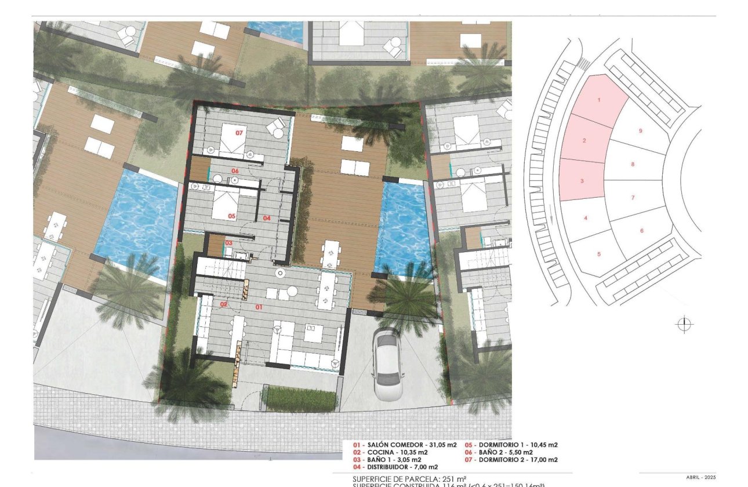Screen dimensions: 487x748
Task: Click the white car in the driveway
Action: tap(388, 364)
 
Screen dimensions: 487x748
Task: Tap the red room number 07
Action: tap(238, 133)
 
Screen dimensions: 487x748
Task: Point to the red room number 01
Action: tap(259, 307)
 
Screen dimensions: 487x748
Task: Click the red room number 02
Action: tap(224, 304)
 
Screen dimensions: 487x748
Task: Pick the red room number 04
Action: tap(267, 218)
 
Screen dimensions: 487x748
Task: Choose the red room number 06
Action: tap(235, 171)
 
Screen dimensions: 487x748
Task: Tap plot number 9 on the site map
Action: tap(640, 131)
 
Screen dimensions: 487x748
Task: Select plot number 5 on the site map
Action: tap(598, 254)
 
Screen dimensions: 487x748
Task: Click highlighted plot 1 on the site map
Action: tap(598, 100)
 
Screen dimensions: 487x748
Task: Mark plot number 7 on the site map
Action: tap(633, 198)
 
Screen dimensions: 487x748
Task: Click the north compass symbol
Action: tap(685, 325)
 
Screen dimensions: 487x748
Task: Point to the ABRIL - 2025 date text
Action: tap(701, 477)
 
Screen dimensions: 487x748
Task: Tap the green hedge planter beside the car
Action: tap(300, 398)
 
